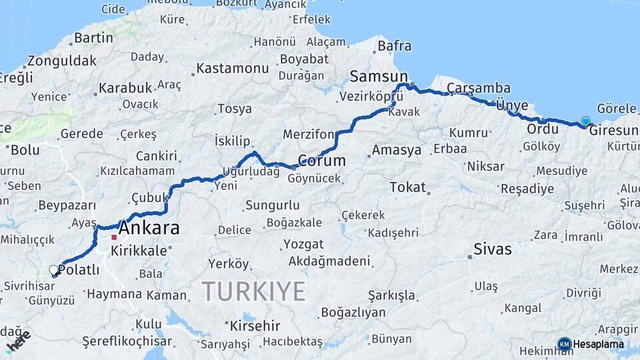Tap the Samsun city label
pos(378,76)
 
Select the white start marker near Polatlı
pos(54,270)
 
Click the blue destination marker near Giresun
pos(585,121)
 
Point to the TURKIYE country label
pos(253,291)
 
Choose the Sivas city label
pos(493,249)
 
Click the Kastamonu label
pos(232,69)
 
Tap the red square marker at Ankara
pos(115,237)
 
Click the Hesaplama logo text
pos(598,345)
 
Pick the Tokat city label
pos(407,187)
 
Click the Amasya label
pos(396,150)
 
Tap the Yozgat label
pos(303,244)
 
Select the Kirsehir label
pos(257,327)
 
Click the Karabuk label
pos(125,87)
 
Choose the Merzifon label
pos(309,134)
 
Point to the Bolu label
pos(25,150)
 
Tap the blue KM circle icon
pos(564,345)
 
